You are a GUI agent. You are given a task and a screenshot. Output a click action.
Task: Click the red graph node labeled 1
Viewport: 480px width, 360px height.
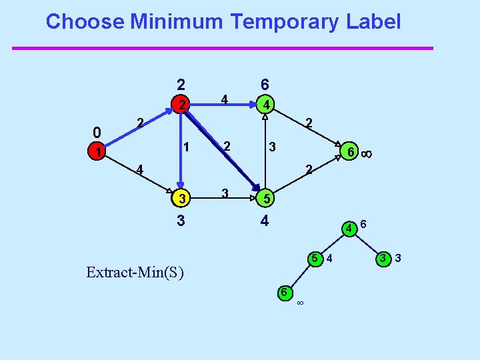(98, 153)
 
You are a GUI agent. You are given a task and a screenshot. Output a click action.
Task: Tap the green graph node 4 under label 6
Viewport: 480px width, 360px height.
(265, 105)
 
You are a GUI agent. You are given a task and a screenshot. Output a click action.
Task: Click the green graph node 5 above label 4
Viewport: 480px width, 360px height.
(265, 199)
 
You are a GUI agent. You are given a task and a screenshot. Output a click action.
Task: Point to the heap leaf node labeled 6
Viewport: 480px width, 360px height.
(283, 293)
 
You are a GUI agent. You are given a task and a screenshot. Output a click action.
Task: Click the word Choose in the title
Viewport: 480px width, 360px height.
(85, 22)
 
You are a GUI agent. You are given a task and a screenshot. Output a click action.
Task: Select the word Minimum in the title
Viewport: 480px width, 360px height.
(176, 22)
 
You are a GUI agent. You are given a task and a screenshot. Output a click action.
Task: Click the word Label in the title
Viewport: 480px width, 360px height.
(373, 22)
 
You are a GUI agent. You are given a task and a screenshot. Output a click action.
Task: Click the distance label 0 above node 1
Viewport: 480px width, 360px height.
(97, 131)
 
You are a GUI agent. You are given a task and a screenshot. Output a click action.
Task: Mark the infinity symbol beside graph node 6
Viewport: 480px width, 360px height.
(367, 153)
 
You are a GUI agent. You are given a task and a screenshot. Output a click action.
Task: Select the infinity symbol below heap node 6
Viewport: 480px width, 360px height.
(300, 304)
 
